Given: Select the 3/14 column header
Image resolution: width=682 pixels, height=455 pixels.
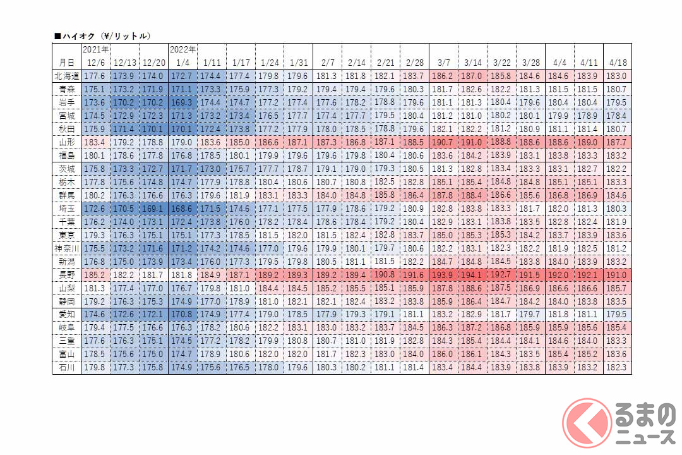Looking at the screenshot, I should pyautogui.click(x=472, y=63).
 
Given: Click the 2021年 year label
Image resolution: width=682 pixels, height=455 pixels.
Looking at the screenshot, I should pyautogui.click(x=95, y=49).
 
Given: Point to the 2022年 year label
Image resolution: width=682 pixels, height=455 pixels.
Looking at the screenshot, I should pyautogui.click(x=182, y=49).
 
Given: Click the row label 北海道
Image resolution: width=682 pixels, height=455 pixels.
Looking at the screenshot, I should pyautogui.click(x=66, y=76).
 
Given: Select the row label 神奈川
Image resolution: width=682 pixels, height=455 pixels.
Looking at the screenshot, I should pyautogui.click(x=66, y=248).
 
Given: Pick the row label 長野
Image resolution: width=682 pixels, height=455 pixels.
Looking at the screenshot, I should pyautogui.click(x=66, y=275).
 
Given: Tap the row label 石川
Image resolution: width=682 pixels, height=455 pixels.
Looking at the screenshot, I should pyautogui.click(x=66, y=367).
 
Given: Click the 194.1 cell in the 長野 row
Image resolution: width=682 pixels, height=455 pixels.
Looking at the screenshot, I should pyautogui.click(x=472, y=275).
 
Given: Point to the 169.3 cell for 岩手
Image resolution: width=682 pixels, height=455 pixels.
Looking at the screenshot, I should pyautogui.click(x=182, y=102).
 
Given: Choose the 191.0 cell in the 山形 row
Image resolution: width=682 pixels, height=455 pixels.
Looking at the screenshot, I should pyautogui.click(x=472, y=142).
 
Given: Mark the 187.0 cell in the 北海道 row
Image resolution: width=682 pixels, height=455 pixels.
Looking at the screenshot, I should pyautogui.click(x=472, y=76).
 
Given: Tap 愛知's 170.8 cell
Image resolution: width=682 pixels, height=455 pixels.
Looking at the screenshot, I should pyautogui.click(x=182, y=314).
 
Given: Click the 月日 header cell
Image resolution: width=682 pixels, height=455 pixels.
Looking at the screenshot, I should pyautogui.click(x=66, y=63).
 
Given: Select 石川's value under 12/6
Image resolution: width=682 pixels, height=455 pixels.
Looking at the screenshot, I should pyautogui.click(x=95, y=367).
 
